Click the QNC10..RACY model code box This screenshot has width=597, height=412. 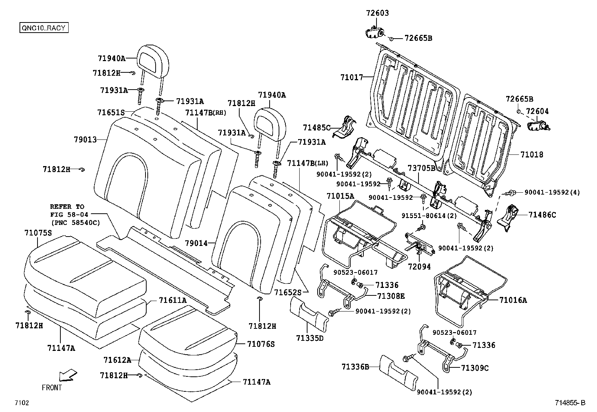(44, 28)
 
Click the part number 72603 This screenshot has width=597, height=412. (377, 13)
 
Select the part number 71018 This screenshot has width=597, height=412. (531, 154)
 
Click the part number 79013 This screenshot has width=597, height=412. (85, 139)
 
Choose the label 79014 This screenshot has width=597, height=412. (196, 243)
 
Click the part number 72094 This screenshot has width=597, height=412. (419, 267)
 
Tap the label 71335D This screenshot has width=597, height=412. (309, 338)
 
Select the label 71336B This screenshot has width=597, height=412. (355, 366)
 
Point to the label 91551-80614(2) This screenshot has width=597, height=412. (429, 216)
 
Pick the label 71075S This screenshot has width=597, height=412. (38, 233)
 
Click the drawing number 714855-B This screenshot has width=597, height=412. (570, 403)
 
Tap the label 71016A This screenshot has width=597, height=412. (513, 300)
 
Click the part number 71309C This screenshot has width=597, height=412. (475, 368)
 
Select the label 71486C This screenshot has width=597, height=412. (542, 215)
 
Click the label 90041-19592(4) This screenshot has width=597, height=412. (552, 192)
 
